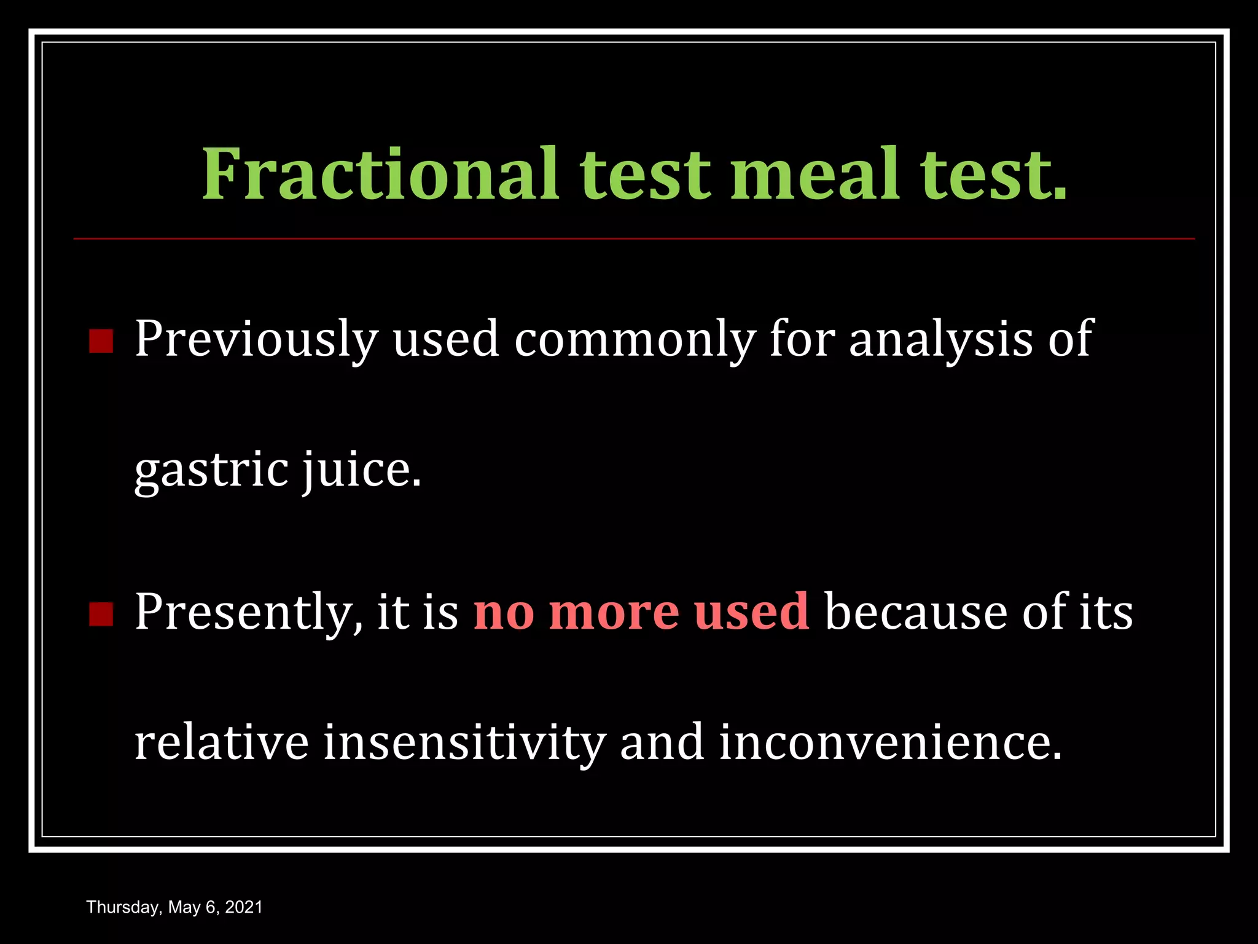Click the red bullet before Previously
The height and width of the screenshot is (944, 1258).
coord(101,341)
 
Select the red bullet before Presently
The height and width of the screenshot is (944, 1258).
coord(101,614)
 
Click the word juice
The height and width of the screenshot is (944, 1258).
coord(361,471)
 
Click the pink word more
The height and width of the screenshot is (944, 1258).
coord(614,613)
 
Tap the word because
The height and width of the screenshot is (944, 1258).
coord(916,613)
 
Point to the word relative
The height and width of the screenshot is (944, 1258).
coord(221,742)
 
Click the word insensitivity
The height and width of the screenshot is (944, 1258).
coord(464,742)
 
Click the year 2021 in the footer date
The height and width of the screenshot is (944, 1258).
coord(244,907)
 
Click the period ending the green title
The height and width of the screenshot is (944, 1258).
coord(1060,194)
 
